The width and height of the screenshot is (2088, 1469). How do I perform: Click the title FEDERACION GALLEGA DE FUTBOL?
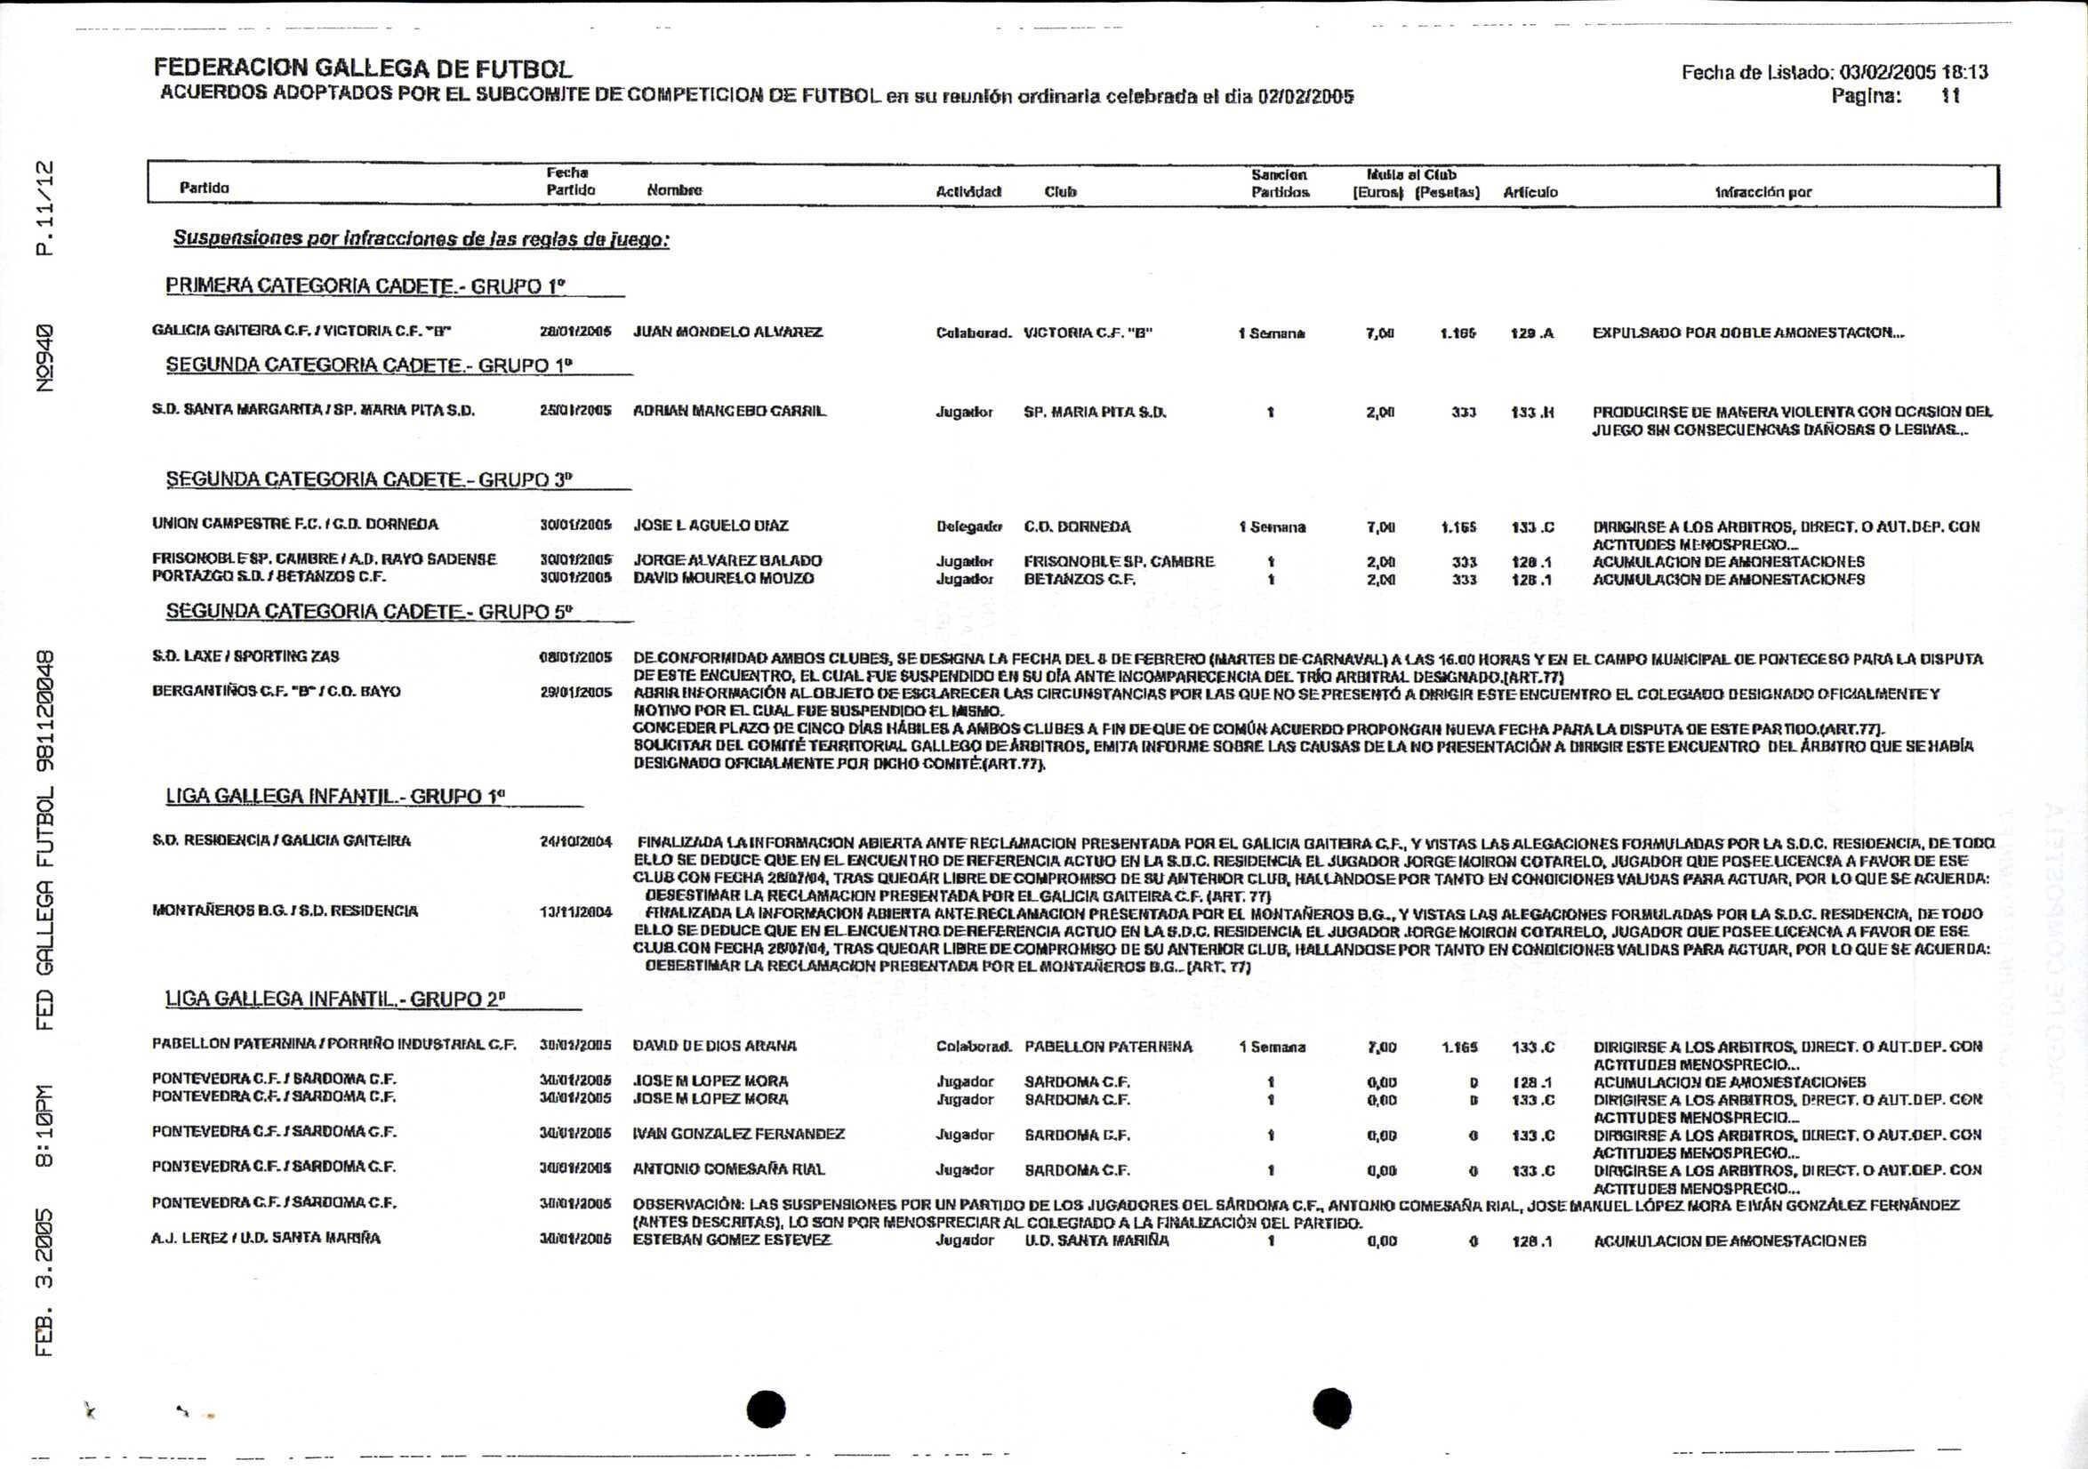tap(362, 68)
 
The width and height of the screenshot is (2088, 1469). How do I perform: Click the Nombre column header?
tap(674, 191)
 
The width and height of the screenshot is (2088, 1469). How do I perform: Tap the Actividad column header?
tap(968, 192)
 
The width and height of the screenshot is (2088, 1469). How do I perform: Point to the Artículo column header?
tap(1530, 192)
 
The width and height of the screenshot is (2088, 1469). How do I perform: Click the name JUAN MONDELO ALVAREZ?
tap(727, 332)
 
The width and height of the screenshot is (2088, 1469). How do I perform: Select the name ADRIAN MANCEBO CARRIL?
tap(729, 411)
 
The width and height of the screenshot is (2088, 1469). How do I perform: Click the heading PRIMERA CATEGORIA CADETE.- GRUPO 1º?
tap(365, 285)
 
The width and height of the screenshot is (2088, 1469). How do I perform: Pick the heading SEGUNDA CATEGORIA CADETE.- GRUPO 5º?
tap(369, 611)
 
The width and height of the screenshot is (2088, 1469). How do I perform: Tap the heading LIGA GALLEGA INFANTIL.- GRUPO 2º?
tap(334, 999)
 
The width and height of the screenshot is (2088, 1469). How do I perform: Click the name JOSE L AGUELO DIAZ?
tap(711, 526)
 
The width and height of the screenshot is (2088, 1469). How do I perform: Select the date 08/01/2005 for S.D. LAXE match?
tap(574, 657)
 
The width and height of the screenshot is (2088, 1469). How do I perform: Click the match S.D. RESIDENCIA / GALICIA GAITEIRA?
tap(281, 840)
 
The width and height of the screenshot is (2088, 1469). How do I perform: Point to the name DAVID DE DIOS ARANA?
tap(714, 1046)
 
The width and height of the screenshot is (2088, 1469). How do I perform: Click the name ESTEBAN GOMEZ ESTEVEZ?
tap(731, 1240)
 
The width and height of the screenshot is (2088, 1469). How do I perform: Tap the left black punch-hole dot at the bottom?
tap(766, 1409)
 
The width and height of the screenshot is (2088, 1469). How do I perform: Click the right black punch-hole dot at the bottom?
tap(1331, 1407)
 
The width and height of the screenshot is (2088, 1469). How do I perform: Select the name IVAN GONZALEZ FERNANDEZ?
tap(738, 1135)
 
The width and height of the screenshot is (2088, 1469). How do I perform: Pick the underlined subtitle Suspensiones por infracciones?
tap(421, 239)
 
